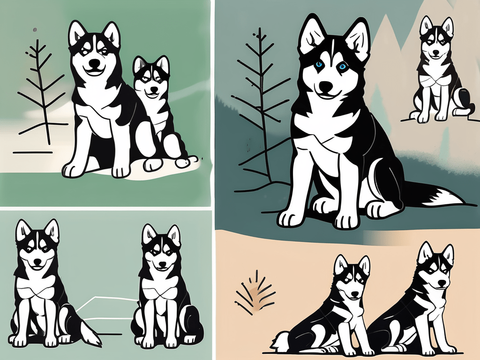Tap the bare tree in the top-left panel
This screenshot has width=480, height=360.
44,94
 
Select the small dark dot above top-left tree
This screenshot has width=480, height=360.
35,30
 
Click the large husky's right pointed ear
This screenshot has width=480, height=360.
357,37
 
